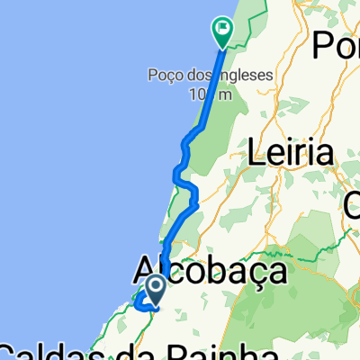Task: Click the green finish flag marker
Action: point(222,31)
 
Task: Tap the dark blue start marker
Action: point(155,288)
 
